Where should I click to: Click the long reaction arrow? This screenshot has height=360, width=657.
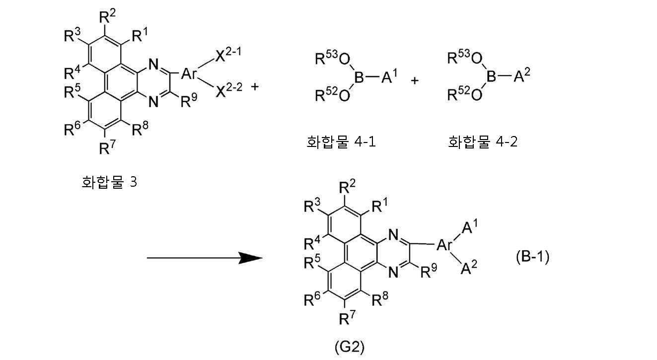(x=205, y=258)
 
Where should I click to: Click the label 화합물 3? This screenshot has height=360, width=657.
(x=109, y=182)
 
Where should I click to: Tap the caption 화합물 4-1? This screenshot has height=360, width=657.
(x=341, y=142)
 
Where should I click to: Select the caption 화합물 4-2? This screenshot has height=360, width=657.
(x=483, y=142)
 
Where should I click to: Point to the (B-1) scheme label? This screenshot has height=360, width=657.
(x=532, y=257)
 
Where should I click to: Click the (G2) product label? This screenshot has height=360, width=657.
(x=349, y=347)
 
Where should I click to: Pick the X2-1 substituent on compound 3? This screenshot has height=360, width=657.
(x=228, y=55)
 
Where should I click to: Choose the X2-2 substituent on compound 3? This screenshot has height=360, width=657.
(x=229, y=90)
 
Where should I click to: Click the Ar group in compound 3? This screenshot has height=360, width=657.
(x=188, y=73)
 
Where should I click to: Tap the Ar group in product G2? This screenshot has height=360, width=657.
(x=444, y=245)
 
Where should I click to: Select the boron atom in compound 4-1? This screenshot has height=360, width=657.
(x=359, y=77)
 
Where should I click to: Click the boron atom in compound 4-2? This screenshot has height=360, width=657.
(x=491, y=76)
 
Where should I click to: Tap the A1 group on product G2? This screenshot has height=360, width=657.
(x=470, y=226)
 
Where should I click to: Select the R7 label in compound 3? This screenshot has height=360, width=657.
(x=107, y=147)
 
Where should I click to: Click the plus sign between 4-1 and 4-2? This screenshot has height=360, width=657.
(x=415, y=80)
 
